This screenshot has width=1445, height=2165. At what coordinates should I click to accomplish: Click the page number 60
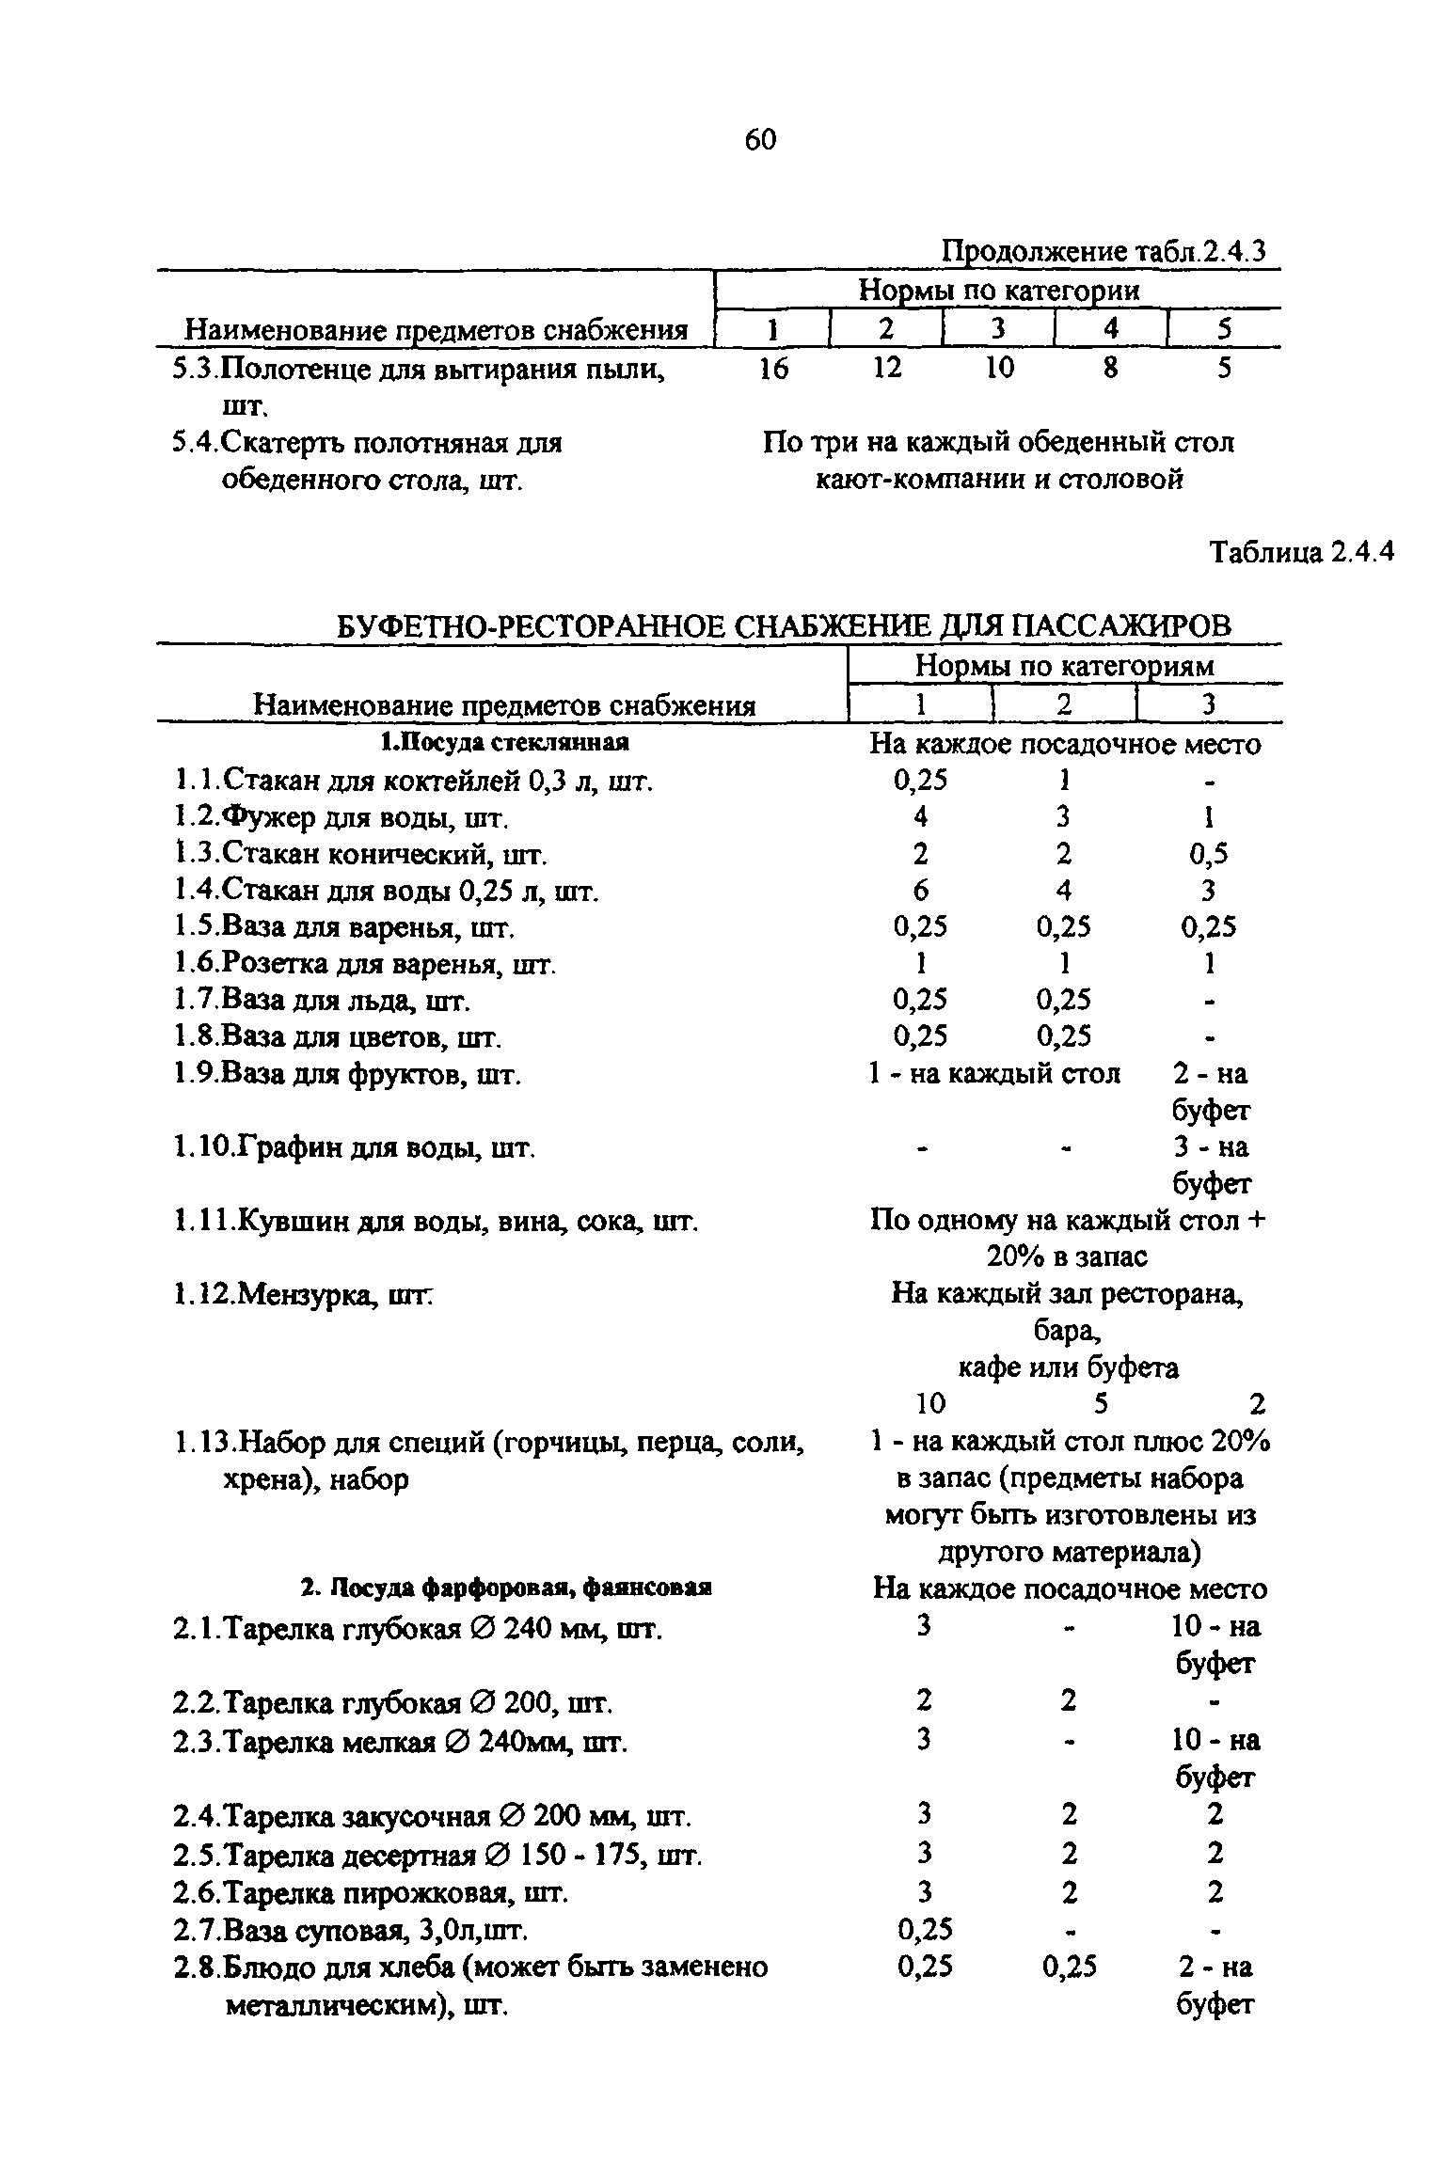pos(759,140)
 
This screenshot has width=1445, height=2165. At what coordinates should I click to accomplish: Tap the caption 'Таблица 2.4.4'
pos(1299,552)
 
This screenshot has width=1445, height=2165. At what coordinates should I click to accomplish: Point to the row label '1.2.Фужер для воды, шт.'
pos(341,817)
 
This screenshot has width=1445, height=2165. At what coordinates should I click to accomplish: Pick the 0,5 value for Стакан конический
pos(1208,854)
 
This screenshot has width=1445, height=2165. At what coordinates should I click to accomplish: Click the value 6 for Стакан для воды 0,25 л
pos(920,890)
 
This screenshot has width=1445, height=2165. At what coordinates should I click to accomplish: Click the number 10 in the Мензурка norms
pos(930,1404)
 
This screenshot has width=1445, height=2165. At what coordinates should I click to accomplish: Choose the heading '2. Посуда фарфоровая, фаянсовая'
pos(505,1588)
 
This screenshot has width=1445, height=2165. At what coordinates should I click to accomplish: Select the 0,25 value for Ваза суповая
pos(925,1930)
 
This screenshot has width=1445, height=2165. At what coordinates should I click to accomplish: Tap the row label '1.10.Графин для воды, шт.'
pos(355,1147)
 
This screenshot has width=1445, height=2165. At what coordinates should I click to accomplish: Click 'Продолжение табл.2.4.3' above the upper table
pos(1104,252)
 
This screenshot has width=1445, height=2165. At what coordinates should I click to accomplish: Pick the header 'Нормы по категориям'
pos(1065,666)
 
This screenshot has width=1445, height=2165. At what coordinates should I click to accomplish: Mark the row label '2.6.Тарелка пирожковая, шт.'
pos(371,1891)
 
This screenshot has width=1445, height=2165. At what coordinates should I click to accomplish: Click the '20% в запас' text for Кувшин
pos(1067,1257)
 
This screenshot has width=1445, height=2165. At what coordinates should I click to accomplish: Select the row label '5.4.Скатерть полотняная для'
pos(367,442)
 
